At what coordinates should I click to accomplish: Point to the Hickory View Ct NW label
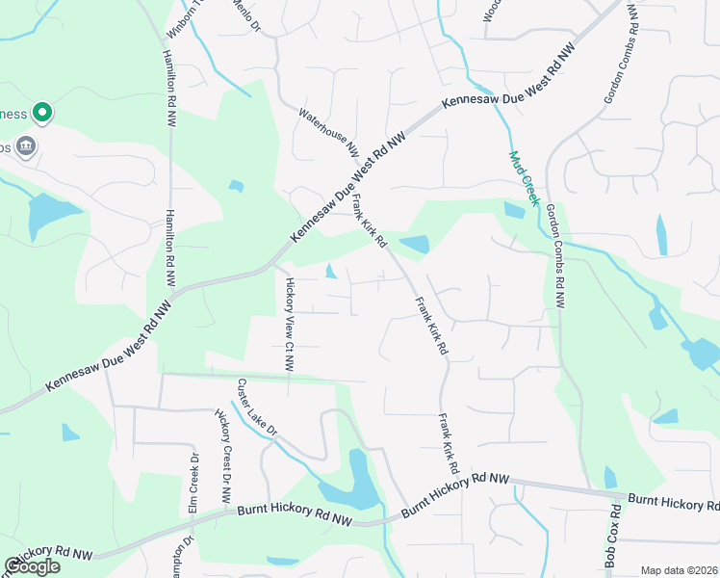(288, 326)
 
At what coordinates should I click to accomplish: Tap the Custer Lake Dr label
(257, 406)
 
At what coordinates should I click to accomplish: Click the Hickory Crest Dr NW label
(223, 457)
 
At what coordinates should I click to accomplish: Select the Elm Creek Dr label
(194, 482)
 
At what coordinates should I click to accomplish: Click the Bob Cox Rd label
(611, 537)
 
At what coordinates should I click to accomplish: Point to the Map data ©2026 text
(678, 570)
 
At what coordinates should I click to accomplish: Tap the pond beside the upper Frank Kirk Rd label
(414, 245)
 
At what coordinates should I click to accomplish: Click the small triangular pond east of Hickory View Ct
(331, 272)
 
